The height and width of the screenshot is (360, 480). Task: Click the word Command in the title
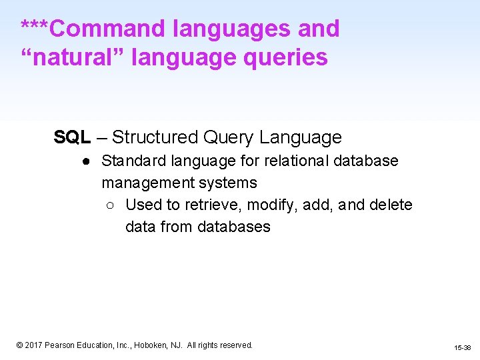tap(107, 29)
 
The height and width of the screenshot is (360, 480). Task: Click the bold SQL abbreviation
tap(72, 137)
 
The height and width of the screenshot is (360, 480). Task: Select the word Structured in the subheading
tap(155, 137)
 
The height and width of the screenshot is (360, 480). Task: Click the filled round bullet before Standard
tap(87, 161)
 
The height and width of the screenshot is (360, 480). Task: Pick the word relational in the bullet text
tap(293, 161)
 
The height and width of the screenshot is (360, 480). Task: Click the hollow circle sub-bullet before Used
tap(111, 205)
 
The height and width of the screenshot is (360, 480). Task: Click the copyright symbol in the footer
tap(20, 345)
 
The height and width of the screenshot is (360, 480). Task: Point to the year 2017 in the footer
tap(34, 345)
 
